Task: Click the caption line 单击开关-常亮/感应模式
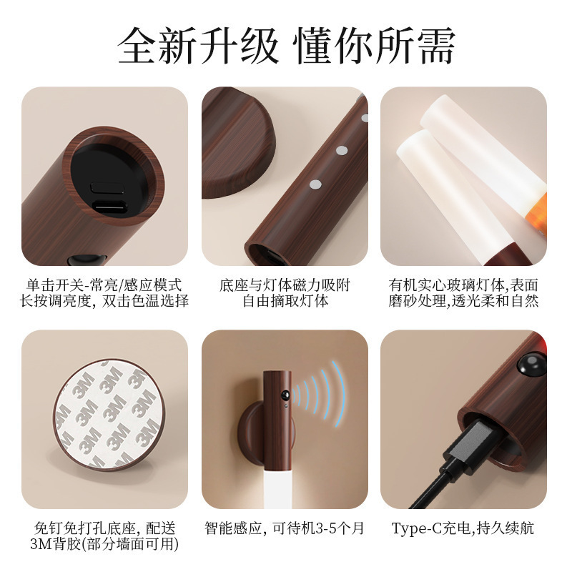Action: click(104, 285)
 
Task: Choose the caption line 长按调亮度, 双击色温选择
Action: click(104, 301)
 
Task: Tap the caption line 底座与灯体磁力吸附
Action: click(285, 285)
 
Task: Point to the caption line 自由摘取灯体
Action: click(285, 301)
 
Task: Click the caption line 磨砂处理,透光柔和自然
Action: click(464, 301)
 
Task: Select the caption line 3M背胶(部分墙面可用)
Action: click(104, 544)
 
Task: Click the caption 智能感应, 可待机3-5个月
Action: click(285, 528)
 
